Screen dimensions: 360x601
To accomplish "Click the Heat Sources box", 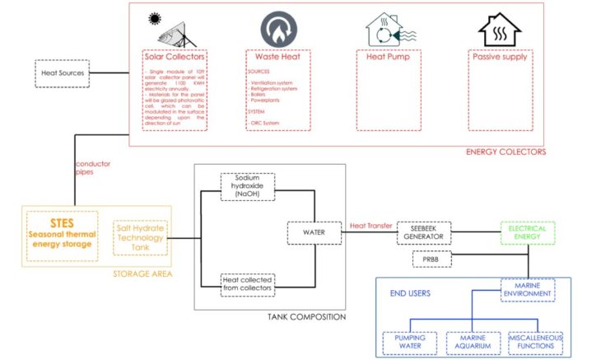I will point(63,72).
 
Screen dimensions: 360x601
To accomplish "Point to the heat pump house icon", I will point(388,30).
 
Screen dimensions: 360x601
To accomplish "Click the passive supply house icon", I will point(500,30).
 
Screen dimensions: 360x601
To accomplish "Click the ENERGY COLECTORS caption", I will point(505,152).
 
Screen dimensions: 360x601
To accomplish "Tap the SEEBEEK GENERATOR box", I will point(424,231).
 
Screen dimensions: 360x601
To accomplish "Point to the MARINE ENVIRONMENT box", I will point(527,291).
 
